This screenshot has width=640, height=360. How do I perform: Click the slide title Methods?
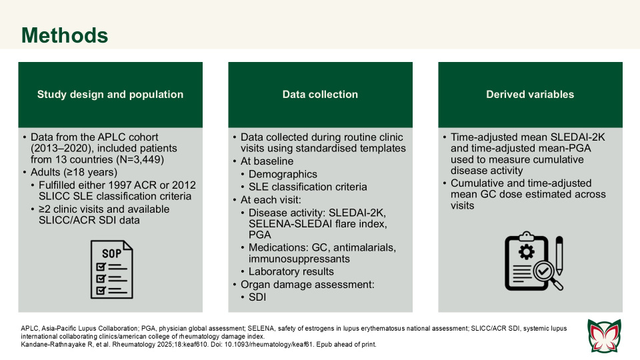pyautogui.click(x=64, y=35)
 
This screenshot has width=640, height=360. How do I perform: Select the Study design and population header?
pyautogui.click(x=110, y=95)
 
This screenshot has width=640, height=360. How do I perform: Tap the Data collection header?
pyautogui.click(x=320, y=95)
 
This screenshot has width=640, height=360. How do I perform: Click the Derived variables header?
pyautogui.click(x=530, y=95)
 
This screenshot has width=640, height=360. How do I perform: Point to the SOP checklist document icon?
pyautogui.click(x=111, y=269)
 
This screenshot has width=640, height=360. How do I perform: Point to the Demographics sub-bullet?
pyautogui.click(x=279, y=173)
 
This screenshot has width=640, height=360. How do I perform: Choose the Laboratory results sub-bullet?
pyautogui.click(x=291, y=271)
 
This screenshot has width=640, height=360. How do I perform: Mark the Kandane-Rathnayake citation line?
pyautogui.click(x=199, y=345)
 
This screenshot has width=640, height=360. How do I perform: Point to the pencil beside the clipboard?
pyautogui.click(x=559, y=256)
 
